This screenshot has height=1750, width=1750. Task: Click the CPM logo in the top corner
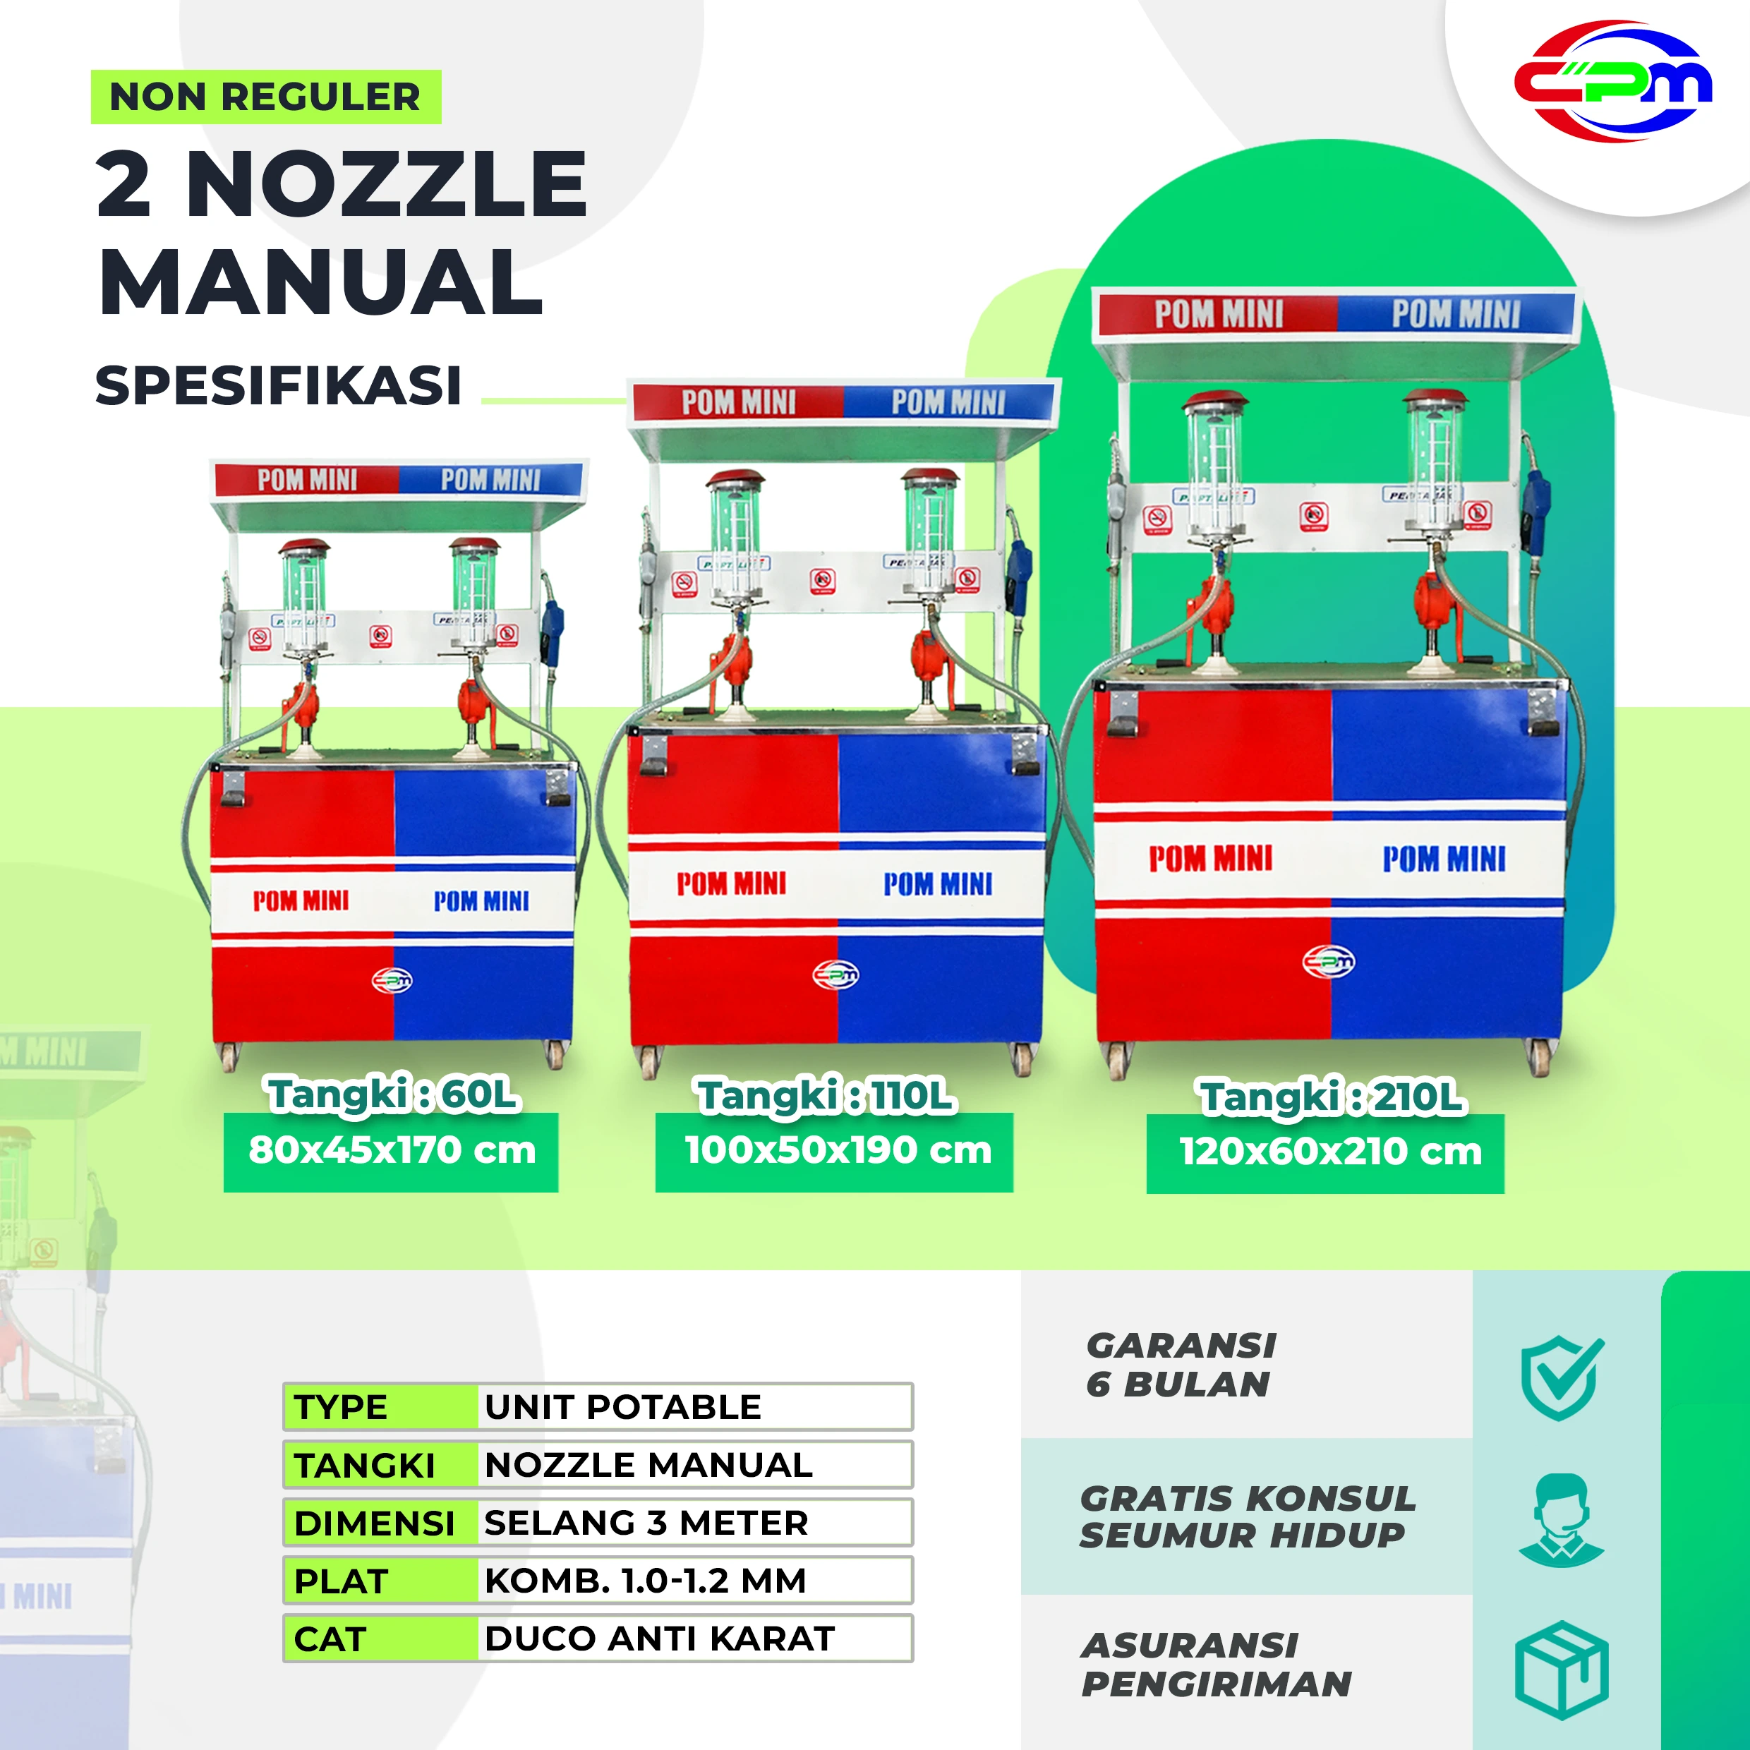click(1613, 82)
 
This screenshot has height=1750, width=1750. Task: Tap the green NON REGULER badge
click(265, 97)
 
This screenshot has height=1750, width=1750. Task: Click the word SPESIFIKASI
click(278, 386)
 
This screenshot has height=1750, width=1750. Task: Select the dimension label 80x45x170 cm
click(392, 1150)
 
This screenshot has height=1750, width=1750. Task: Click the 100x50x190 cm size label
click(837, 1150)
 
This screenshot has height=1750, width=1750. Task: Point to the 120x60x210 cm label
click(1329, 1152)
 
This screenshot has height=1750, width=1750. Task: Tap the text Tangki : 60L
click(393, 1094)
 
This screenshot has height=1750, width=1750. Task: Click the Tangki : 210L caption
click(1332, 1097)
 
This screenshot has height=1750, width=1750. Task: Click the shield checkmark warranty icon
click(1562, 1377)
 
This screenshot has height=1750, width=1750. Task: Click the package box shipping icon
click(1562, 1670)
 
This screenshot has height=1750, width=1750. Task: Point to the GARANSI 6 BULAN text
click(1181, 1365)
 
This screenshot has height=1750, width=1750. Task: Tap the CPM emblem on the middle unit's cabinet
click(835, 974)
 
